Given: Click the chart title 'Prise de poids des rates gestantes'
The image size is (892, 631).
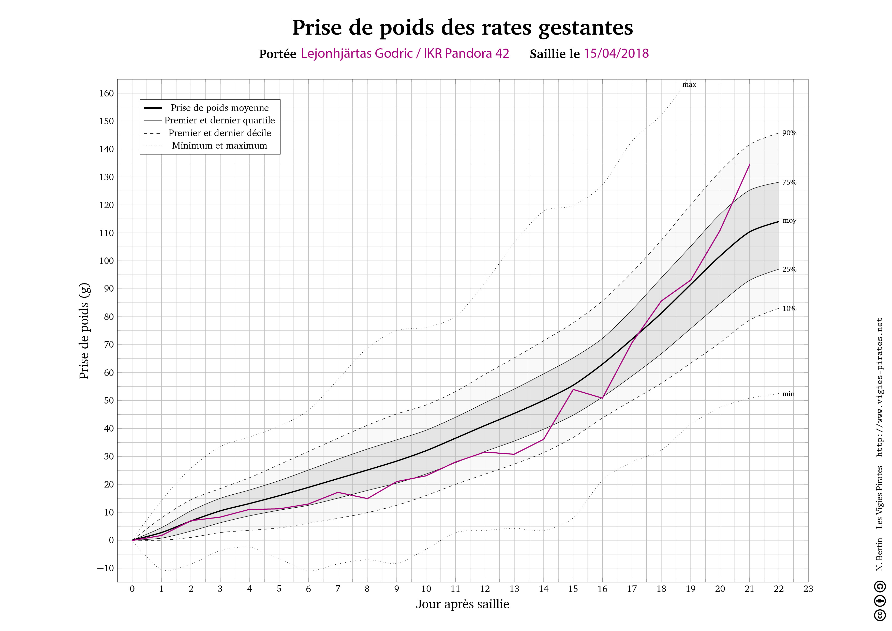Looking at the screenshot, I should (x=462, y=27).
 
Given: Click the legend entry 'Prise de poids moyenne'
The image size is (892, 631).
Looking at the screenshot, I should (x=219, y=108).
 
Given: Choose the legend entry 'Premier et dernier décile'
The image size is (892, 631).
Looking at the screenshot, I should (x=219, y=133).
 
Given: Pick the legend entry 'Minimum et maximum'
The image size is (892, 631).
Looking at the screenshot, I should (x=219, y=145).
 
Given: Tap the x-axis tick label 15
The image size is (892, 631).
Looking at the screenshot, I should (x=573, y=589).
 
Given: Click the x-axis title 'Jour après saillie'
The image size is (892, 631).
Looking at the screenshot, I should (x=462, y=604).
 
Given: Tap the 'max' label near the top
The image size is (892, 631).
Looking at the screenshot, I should (x=689, y=85).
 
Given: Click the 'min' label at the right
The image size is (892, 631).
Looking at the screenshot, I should (x=788, y=394).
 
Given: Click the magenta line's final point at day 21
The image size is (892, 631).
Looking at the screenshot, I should (x=749, y=164).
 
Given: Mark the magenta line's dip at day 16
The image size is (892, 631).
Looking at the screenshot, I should (x=602, y=398).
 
